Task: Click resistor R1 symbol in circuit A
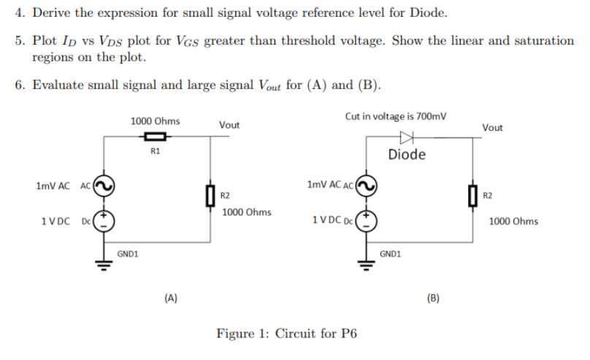pos(155,137)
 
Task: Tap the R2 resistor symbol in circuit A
pos(210,196)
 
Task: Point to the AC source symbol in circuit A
pos(104,187)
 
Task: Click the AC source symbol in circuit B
pos(367,187)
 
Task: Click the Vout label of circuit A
pos(229,125)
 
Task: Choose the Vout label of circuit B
pos(493,127)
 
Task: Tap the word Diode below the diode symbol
pos(407,155)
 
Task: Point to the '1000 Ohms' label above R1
pos(155,120)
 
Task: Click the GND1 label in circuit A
pos(129,254)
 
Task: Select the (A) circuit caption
pos(171,297)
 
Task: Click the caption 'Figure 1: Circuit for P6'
pos(287,334)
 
